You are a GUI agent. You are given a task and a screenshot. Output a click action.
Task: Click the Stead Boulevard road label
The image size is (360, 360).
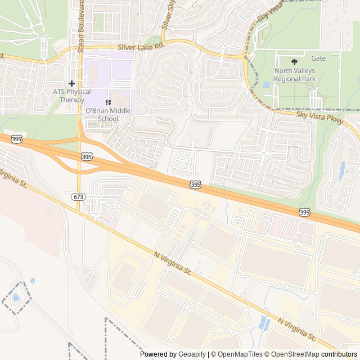pos(81,19)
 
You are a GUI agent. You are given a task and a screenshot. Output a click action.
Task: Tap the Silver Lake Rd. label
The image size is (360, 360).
pos(140,47)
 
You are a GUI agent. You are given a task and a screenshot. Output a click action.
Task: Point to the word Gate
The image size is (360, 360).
pos(318,58)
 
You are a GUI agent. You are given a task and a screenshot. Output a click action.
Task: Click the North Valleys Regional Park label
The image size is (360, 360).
pos(295,75)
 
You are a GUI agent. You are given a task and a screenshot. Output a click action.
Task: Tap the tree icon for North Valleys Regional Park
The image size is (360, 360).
pos(295,61)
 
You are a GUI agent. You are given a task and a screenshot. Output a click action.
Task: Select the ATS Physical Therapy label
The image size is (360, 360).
pos(71,96)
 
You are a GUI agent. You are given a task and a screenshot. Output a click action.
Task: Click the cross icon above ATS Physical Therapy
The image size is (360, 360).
pos(71,83)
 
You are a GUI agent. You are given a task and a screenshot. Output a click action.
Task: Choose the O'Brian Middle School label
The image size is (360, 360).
pos(108,115)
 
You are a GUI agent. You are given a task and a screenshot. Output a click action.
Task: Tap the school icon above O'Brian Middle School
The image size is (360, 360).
pos(108,102)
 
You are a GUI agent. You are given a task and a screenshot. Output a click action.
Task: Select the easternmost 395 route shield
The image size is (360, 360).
pos(304,212)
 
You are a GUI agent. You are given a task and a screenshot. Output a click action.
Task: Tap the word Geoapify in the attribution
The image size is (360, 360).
pos(192,354)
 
